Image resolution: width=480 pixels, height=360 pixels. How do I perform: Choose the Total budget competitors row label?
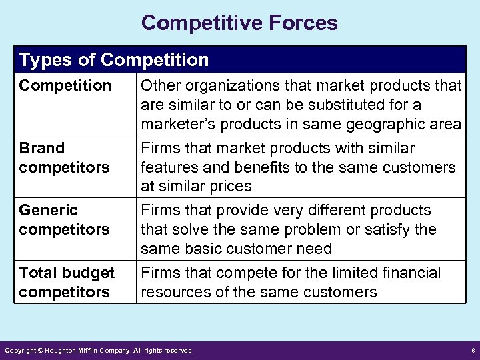click(x=67, y=282)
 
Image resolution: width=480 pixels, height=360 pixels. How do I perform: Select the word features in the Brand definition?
click(x=167, y=167)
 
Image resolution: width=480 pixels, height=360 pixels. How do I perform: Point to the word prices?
click(x=227, y=186)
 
